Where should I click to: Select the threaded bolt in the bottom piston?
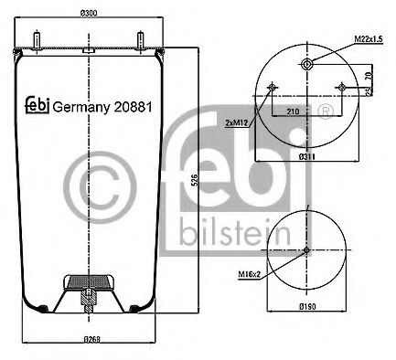tap(89, 297)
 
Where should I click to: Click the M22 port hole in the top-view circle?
tap(307, 63)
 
